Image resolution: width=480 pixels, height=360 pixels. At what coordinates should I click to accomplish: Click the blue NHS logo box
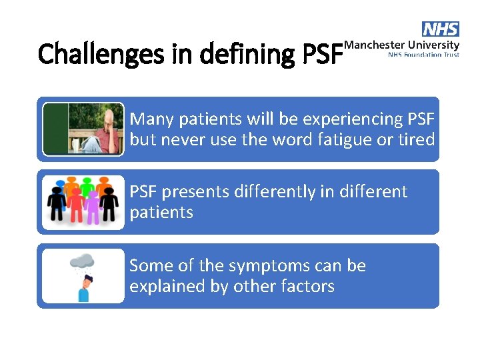coord(441,29)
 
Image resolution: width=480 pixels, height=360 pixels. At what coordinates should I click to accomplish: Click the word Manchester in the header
coord(373,45)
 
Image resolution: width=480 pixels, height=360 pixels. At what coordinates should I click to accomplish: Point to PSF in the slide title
coord(322,54)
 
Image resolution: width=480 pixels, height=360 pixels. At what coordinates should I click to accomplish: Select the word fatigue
coord(353,140)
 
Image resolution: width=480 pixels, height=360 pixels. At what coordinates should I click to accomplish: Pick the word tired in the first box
coord(417,140)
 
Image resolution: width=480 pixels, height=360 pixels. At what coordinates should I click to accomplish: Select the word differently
coord(281,192)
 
